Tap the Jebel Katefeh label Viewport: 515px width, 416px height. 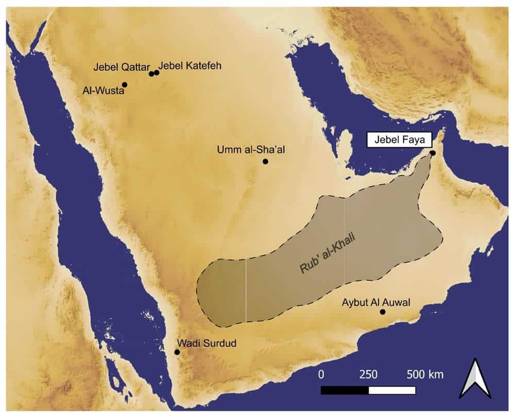pos(190,66)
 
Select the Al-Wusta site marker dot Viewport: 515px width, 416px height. pos(124,84)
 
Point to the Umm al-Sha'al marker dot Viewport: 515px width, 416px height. pos(265,161)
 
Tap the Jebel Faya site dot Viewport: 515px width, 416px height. pos(433,153)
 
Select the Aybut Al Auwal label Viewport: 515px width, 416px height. pos(376,302)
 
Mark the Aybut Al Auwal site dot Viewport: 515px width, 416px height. pos(382,311)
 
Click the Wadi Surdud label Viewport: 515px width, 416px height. pos(207,342)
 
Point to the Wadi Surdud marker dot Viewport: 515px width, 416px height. pos(177,352)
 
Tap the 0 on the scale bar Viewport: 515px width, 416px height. pos(321,374)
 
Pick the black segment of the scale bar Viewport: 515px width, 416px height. pos(345,390)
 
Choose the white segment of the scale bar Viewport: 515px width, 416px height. pos(392,390)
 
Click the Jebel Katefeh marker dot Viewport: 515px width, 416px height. pos(157,73)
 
